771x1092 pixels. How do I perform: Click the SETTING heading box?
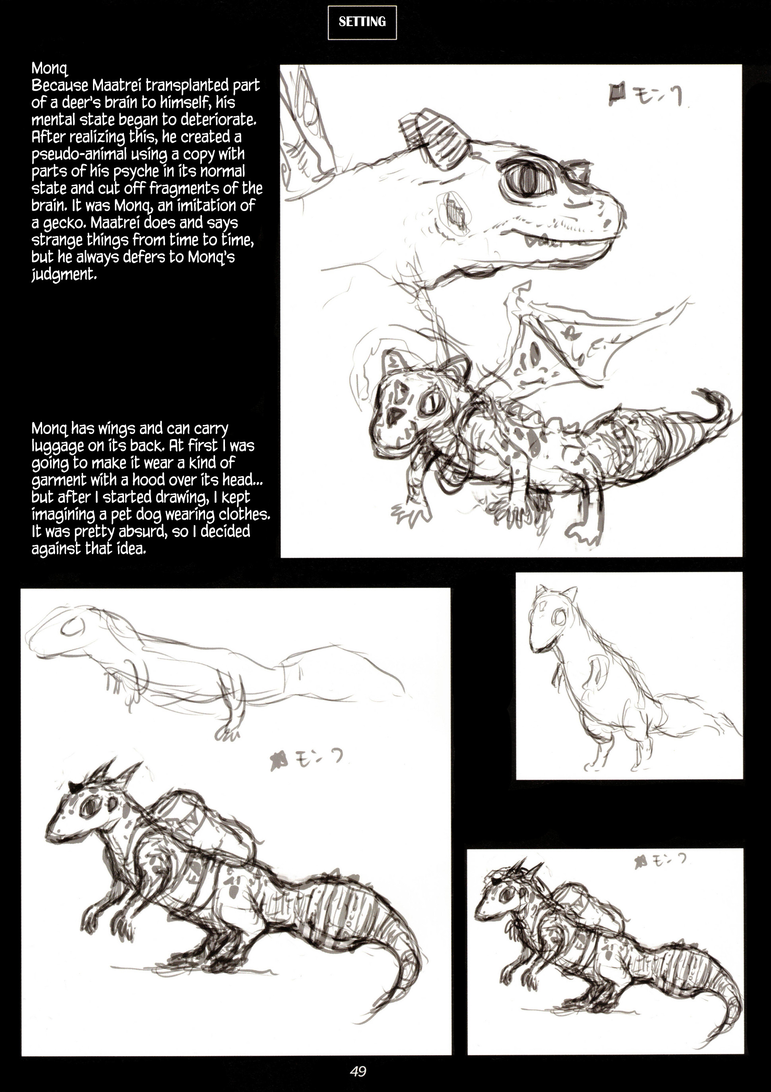point(362,22)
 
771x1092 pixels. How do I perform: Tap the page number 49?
point(358,1071)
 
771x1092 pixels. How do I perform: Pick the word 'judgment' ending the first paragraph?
point(63,275)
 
